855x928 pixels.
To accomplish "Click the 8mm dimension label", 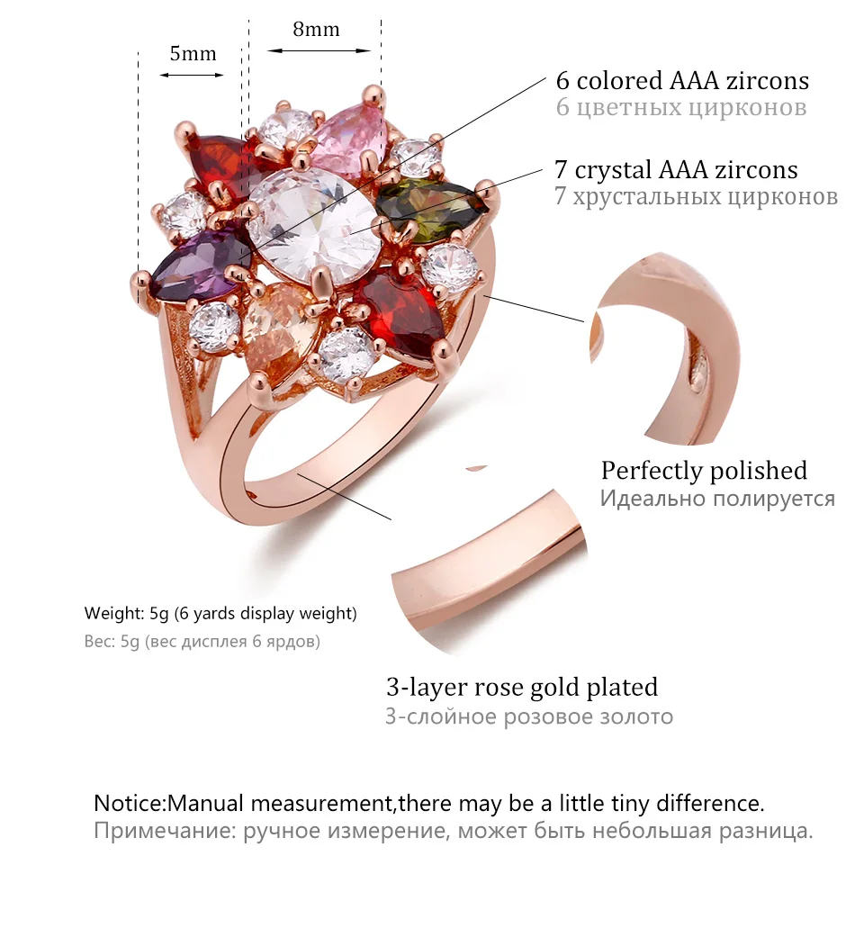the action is pos(316,30).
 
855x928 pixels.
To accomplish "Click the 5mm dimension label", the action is pos(193,54).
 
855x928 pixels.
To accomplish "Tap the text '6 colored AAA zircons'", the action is pos(682,81).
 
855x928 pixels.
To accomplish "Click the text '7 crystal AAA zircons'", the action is pos(676,169).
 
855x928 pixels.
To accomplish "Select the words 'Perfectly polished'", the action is pos(704,470).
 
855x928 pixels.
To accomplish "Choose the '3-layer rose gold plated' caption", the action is pos(522,688).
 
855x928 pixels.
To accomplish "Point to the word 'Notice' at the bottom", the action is pos(130,803).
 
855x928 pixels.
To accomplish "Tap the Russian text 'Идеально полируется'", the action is pos(717,498).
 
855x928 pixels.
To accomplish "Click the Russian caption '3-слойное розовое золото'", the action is pos(529,716).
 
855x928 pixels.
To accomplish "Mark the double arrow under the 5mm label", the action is pos(192,75).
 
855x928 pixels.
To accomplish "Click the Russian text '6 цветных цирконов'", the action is pos(680,108).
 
